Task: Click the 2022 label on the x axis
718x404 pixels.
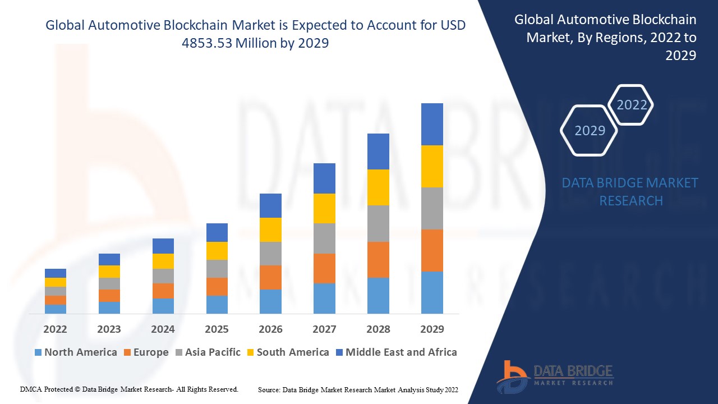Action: [55, 329]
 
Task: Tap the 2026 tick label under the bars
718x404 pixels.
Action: [270, 329]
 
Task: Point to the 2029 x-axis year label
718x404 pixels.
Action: [432, 329]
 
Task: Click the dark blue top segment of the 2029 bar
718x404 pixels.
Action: [432, 124]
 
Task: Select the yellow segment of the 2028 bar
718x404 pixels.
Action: [378, 187]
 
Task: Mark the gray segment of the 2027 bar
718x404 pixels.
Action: [324, 238]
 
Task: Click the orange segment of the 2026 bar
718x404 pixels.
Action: [270, 277]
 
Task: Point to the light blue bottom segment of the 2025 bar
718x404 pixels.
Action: [217, 304]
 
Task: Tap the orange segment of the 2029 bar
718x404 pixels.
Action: [432, 250]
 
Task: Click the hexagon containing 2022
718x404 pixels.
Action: [632, 105]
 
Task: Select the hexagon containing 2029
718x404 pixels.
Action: [590, 130]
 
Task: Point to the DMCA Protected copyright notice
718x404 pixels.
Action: [129, 389]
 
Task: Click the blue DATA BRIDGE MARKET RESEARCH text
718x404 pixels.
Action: [630, 192]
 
